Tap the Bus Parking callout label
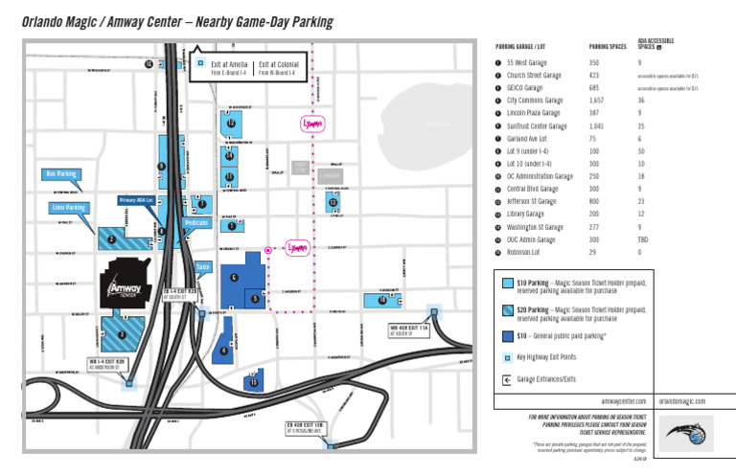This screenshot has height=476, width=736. coord(61,174)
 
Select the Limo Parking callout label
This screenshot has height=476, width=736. coord(69,207)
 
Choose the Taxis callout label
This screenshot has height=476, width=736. coord(202,266)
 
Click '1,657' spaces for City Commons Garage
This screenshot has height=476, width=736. coord(596,100)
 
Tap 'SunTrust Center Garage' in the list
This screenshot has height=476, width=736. coord(535,125)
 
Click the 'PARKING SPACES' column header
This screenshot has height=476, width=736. coord(606,46)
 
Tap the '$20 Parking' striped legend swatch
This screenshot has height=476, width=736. coord(506,312)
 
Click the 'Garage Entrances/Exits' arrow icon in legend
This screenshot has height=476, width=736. coord(506,379)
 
